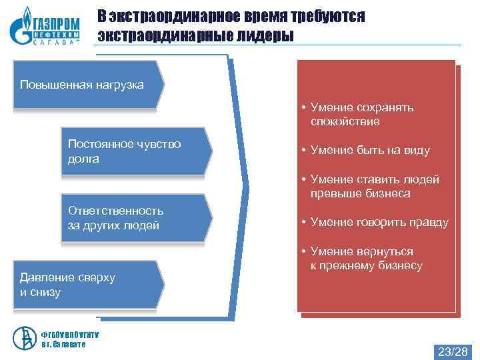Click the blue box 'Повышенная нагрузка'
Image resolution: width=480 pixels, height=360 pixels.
pyautogui.click(x=87, y=85)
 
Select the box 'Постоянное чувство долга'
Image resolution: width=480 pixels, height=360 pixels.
pyautogui.click(x=133, y=151)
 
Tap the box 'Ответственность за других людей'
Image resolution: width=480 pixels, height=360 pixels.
pyautogui.click(x=133, y=218)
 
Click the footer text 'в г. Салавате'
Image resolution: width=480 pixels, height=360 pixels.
pyautogui.click(x=63, y=344)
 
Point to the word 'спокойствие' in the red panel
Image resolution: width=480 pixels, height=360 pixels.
pyautogui.click(x=345, y=122)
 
